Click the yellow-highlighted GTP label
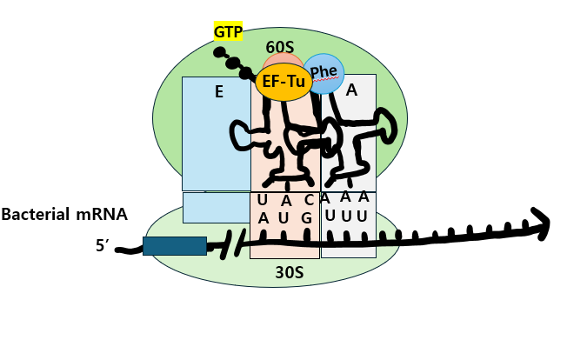(x=229, y=32)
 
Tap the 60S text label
(x=281, y=46)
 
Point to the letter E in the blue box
(x=219, y=90)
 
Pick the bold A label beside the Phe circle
(x=351, y=90)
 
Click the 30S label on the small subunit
(x=289, y=273)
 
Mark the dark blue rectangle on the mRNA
(x=175, y=246)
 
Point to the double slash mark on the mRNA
(x=230, y=246)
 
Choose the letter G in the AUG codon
(x=306, y=217)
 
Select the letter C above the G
(x=308, y=200)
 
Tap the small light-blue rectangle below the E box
(x=216, y=208)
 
